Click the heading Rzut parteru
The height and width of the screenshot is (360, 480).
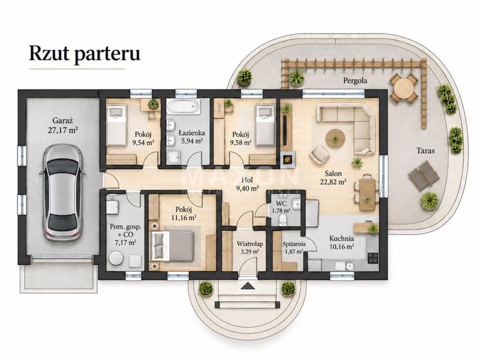coord(85,53)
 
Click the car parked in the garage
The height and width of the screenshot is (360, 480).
coord(62,192)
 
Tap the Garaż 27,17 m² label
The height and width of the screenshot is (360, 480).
coord(62,125)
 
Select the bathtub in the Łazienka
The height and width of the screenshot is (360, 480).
coord(183,107)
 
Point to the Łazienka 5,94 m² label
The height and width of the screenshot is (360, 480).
coord(191,137)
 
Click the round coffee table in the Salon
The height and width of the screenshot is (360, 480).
coord(335,139)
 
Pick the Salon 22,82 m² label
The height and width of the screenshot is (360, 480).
coord(333,178)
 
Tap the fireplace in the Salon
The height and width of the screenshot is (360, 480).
coord(288,159)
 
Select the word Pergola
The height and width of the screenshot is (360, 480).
coord(355,81)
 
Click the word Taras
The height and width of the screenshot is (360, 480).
coord(425,151)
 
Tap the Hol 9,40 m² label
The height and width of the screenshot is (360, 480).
coord(247,184)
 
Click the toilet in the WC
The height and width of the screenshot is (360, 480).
coord(283,220)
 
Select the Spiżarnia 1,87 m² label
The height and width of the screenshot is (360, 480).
coord(293,248)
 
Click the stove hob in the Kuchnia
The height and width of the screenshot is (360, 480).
coord(373,258)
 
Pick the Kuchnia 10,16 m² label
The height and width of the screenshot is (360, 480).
coord(341,242)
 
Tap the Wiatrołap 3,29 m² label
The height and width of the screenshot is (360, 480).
coord(250,248)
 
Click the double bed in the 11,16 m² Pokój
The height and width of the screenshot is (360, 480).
coord(173,247)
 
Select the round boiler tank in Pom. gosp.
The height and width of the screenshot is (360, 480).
coord(116,258)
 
